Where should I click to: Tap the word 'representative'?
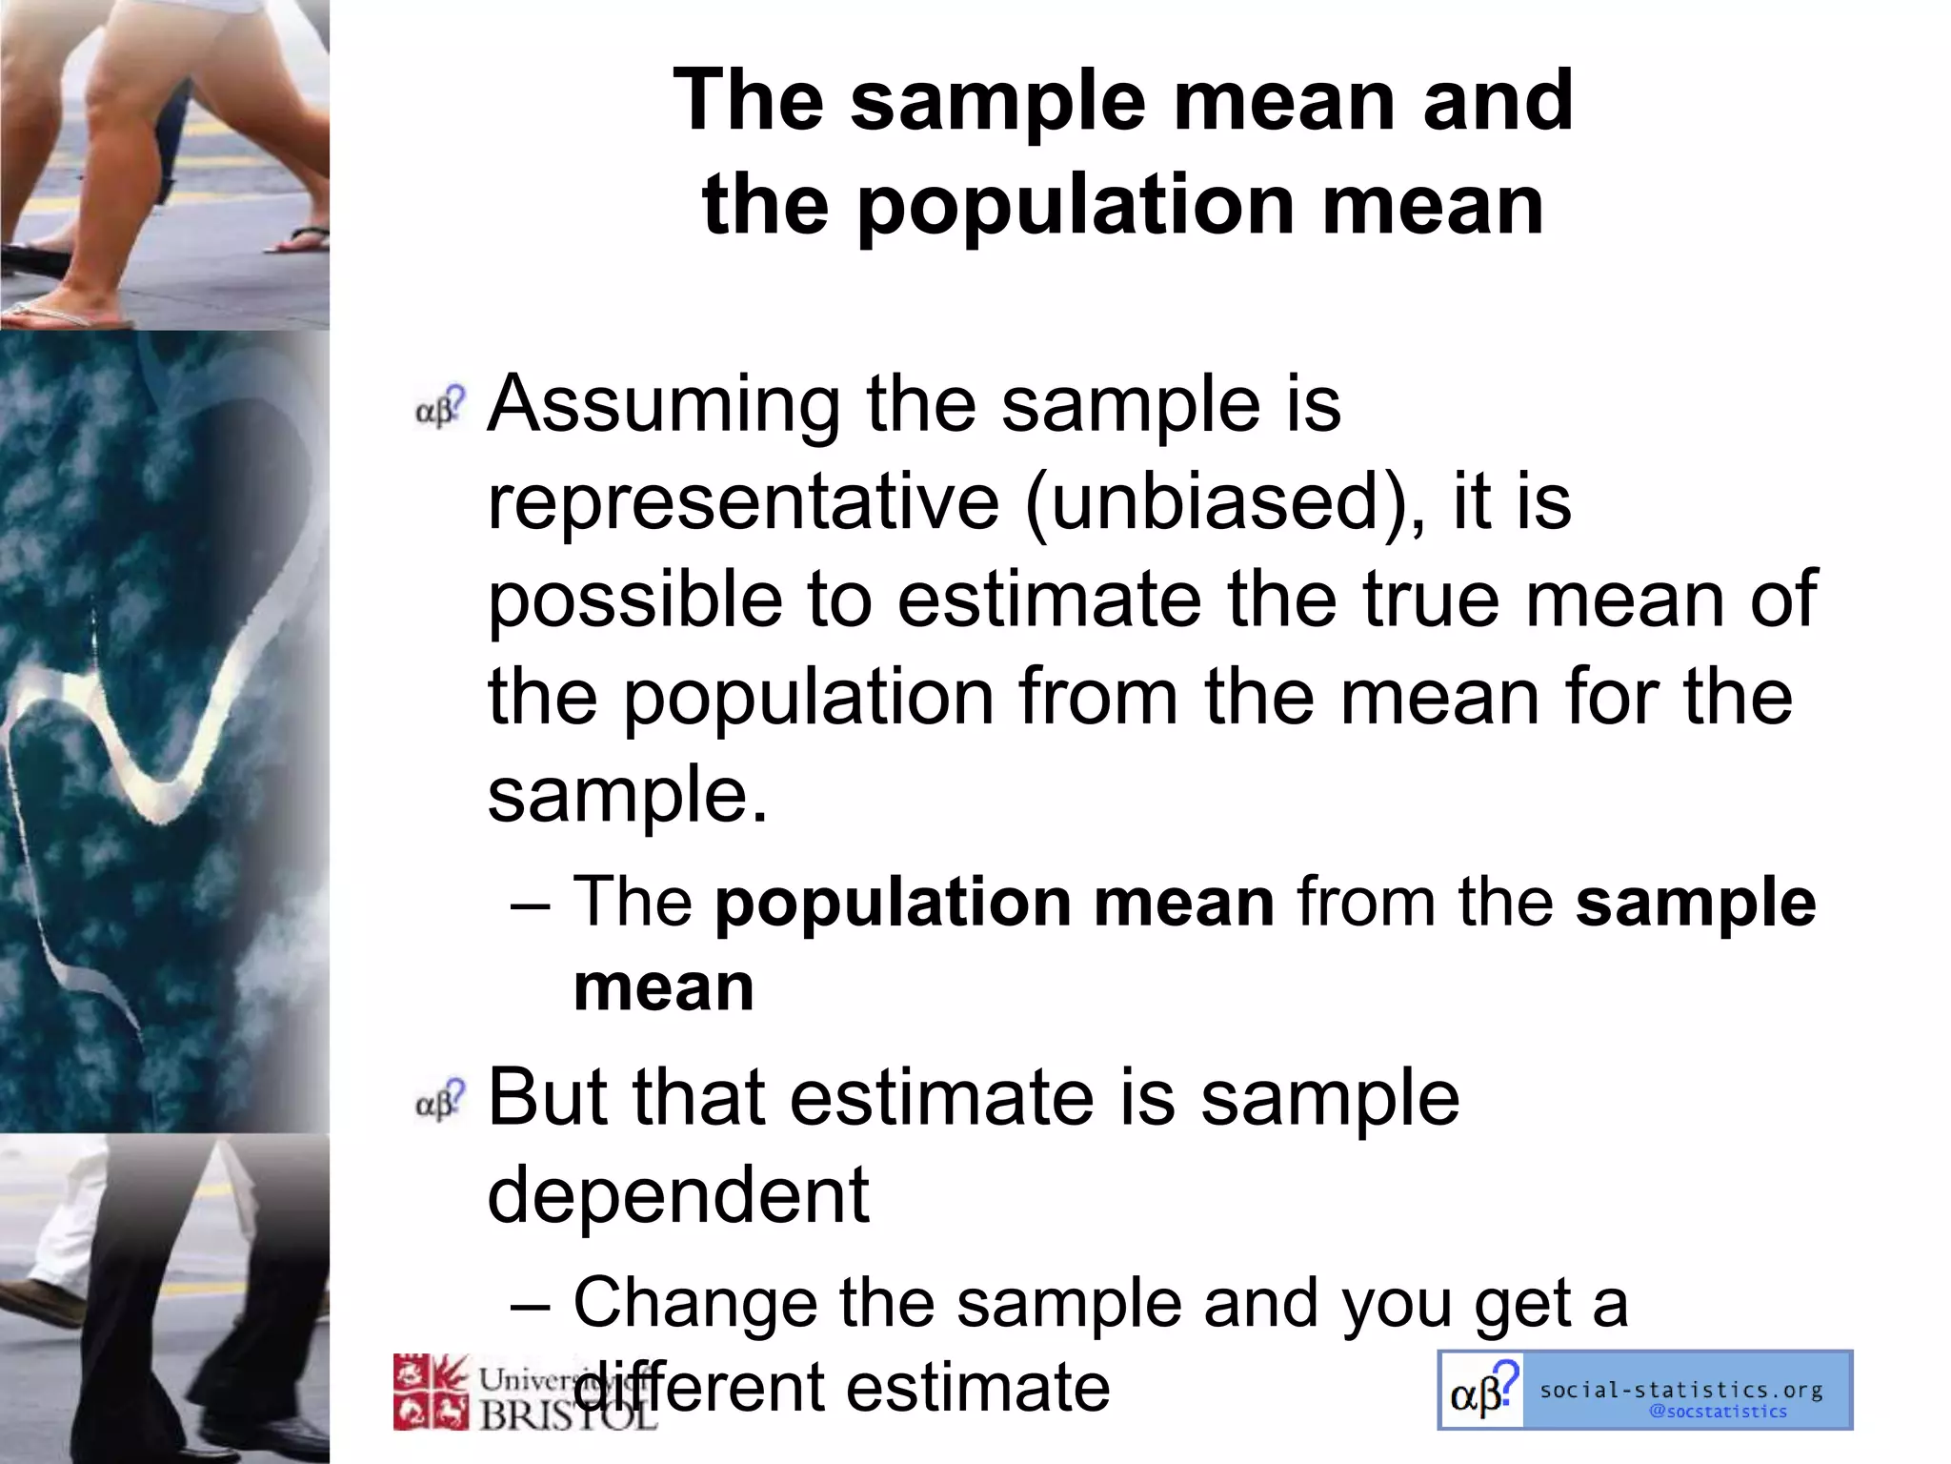743,503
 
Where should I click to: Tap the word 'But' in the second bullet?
546,1098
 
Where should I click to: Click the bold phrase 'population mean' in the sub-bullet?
995,902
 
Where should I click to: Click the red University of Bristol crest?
432,1392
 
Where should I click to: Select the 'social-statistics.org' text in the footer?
1681,1390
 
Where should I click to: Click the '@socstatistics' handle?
1718,1412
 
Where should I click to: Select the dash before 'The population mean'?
530,904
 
